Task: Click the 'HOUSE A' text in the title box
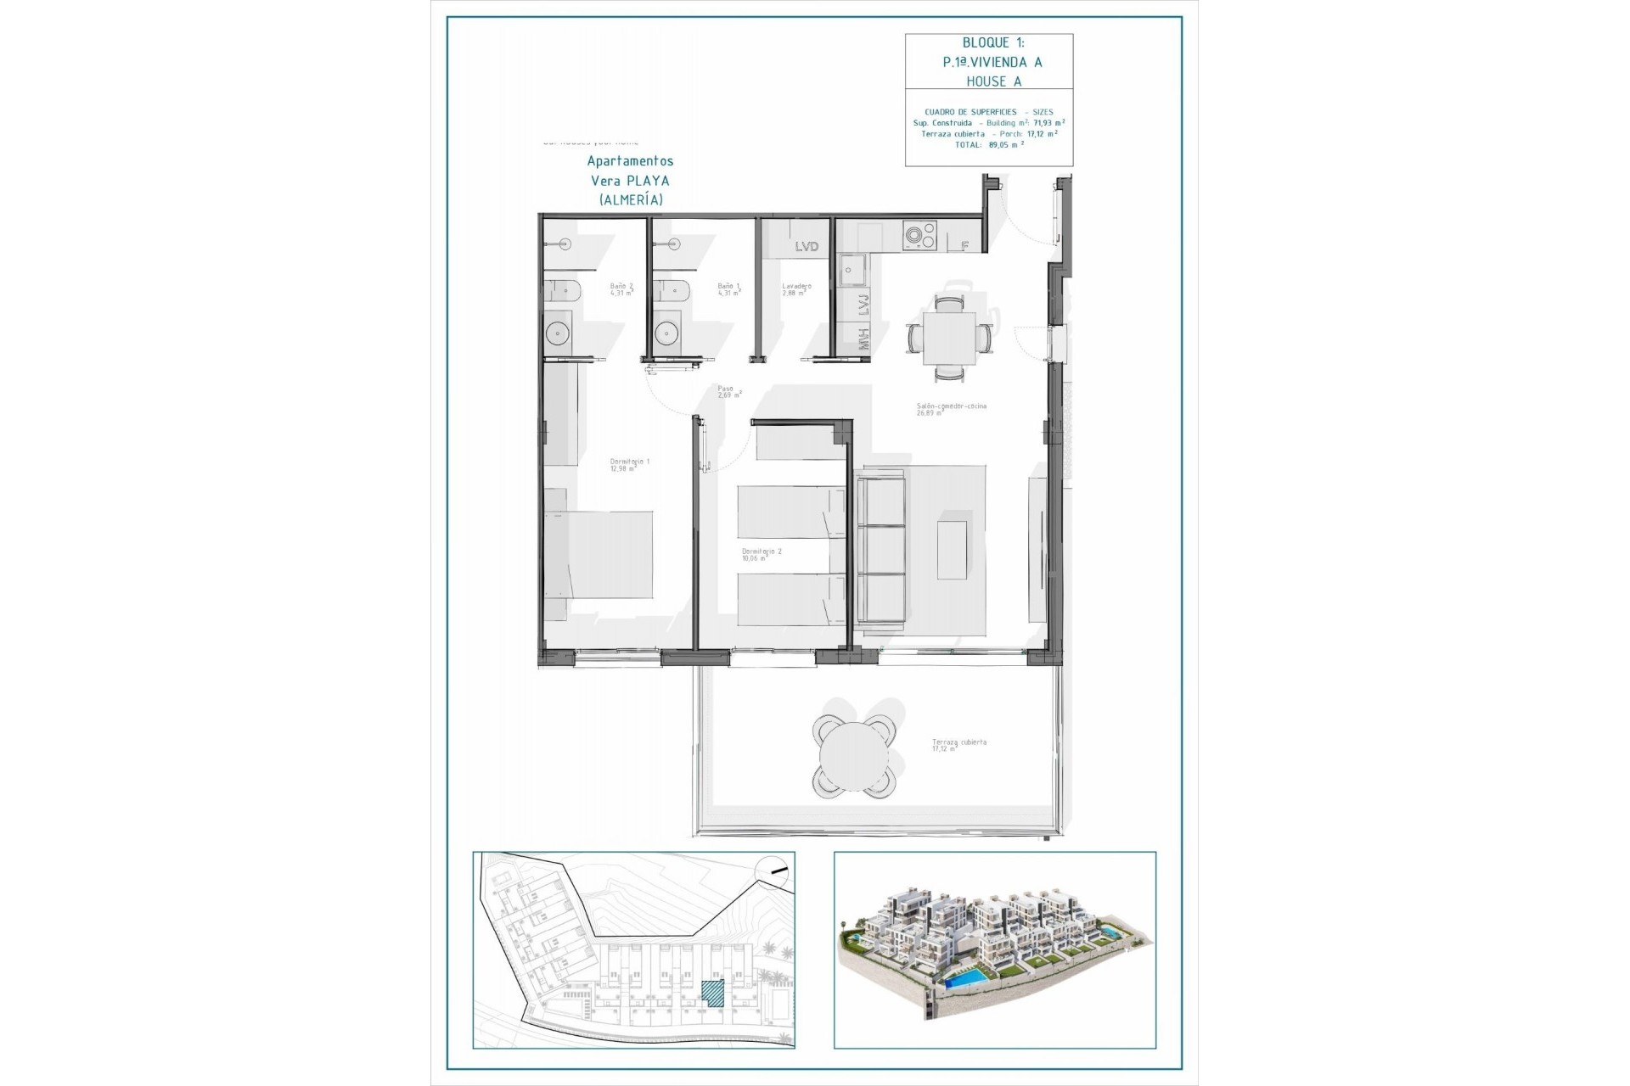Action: click(x=992, y=81)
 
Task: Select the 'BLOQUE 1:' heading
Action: click(x=992, y=42)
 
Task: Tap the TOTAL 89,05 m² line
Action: click(x=989, y=144)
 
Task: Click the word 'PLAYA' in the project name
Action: click(x=648, y=181)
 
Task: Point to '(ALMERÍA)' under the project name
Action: click(x=631, y=200)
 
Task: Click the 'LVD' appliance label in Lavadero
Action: click(x=807, y=247)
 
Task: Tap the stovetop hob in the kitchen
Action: click(x=919, y=236)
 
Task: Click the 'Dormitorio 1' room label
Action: click(x=629, y=462)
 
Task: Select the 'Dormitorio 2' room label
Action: click(x=762, y=551)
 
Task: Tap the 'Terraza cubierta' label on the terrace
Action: click(x=959, y=742)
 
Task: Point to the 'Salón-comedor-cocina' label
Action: click(x=951, y=406)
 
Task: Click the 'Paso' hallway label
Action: click(x=726, y=389)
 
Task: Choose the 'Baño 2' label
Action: click(x=621, y=287)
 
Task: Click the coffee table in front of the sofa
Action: click(x=952, y=550)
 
